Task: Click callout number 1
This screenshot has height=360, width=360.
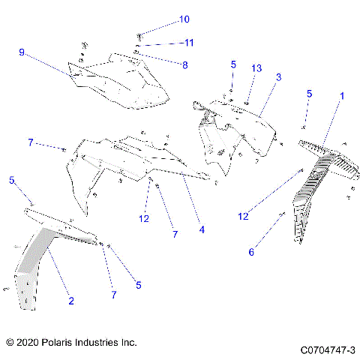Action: [x=342, y=96]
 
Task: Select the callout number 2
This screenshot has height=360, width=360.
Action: [x=71, y=301]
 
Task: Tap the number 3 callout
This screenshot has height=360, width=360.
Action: [x=278, y=78]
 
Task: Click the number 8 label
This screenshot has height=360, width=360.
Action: [x=184, y=64]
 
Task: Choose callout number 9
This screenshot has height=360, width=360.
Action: [x=22, y=52]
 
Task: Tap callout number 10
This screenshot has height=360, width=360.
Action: [x=184, y=19]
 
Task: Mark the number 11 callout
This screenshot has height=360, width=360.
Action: [x=189, y=43]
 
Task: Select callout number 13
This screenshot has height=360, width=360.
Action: [x=256, y=68]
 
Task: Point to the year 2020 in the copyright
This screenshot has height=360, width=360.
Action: [x=26, y=342]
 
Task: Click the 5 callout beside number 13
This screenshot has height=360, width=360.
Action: [x=233, y=64]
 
